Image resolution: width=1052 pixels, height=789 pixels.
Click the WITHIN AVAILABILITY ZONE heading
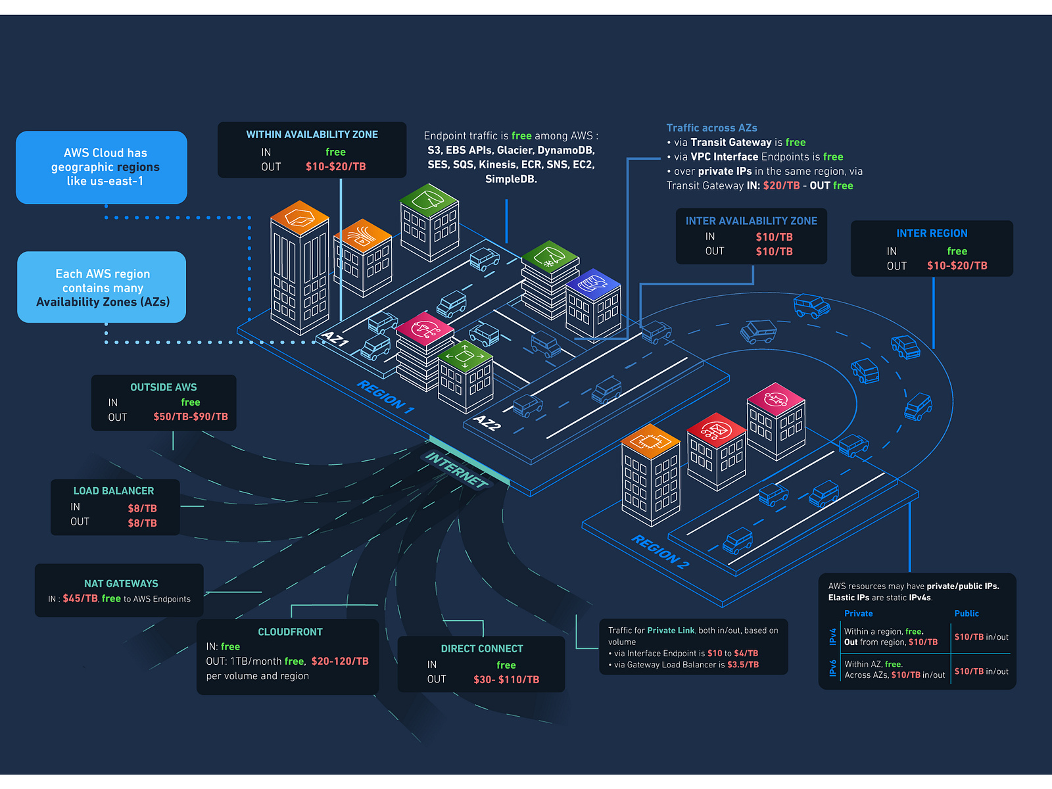coord(312,135)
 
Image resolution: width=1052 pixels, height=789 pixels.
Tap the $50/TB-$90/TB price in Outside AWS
coord(191,417)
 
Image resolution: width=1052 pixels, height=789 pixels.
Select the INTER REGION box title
coord(932,233)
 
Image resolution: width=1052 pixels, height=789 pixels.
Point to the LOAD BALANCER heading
coord(114,491)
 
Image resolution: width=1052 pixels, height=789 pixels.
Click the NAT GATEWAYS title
coord(121,584)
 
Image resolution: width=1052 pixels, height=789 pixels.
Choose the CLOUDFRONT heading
coord(290,632)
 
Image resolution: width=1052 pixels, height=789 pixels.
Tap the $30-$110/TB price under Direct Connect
coord(506,680)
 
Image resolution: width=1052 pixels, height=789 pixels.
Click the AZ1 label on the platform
coord(335,339)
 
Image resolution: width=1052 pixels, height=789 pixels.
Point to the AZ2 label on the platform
coord(487,423)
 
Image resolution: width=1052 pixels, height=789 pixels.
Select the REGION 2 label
coord(660,551)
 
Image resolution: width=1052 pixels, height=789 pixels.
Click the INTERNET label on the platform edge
coord(456,469)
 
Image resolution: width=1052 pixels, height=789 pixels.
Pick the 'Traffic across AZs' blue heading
coord(711,128)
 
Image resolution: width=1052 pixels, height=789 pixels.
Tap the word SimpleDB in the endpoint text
coord(510,179)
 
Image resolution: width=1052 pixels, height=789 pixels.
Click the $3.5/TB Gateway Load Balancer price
coord(743,665)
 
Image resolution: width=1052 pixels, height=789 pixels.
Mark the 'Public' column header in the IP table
coord(967,613)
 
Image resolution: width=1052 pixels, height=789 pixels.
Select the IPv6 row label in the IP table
coord(833,669)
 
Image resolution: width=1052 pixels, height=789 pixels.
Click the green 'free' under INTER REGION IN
coord(957,251)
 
